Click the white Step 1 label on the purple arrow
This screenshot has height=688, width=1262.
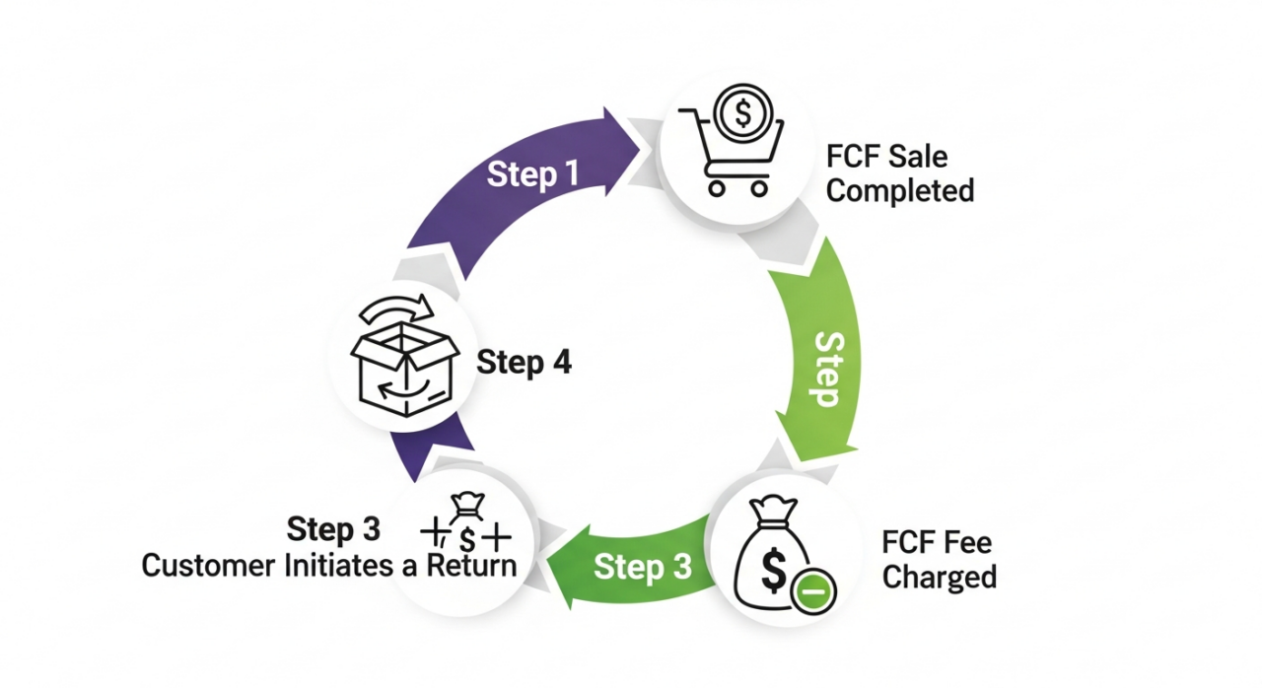532,174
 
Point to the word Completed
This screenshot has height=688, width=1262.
899,189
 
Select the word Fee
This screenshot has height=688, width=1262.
966,542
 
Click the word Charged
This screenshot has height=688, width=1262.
939,576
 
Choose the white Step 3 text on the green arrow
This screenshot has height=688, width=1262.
642,568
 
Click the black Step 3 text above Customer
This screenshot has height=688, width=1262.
333,530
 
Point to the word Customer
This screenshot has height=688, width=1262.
209,566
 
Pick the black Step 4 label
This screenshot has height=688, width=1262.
524,363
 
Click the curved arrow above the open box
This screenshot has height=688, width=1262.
398,309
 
